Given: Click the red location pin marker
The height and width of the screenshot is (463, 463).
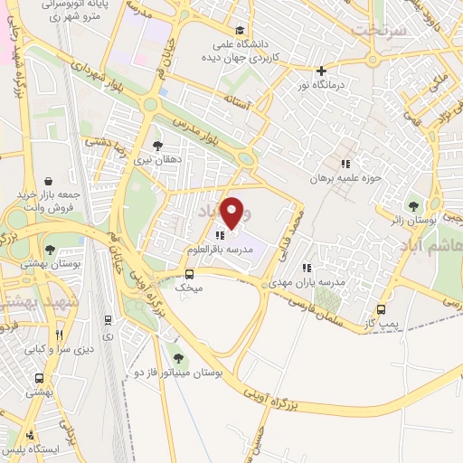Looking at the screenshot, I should point(232,213).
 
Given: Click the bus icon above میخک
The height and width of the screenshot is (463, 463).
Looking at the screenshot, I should point(190,274).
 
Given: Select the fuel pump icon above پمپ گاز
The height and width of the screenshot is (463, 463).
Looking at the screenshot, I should point(381,309).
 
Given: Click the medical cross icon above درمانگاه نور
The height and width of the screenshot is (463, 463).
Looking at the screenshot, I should point(321,70).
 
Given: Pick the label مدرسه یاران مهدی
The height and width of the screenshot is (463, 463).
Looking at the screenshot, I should point(321,281).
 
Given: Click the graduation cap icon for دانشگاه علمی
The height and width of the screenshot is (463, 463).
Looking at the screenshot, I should point(239,31).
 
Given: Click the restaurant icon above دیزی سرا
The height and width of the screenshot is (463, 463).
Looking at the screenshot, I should point(109,319).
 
